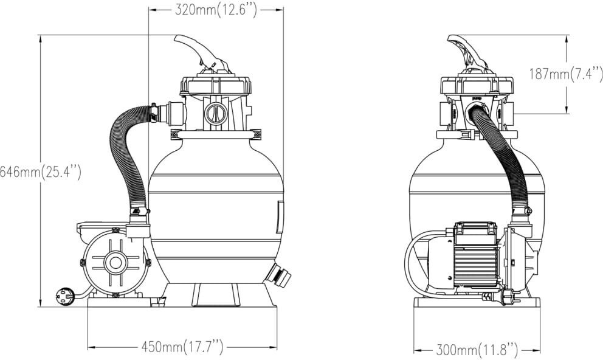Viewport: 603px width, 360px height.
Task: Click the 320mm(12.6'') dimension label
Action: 216,10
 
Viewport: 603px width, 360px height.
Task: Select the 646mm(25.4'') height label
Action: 41,172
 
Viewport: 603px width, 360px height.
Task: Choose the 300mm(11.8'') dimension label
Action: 477,350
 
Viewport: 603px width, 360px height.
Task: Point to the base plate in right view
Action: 477,302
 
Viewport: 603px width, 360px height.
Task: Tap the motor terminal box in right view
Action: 475,232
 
